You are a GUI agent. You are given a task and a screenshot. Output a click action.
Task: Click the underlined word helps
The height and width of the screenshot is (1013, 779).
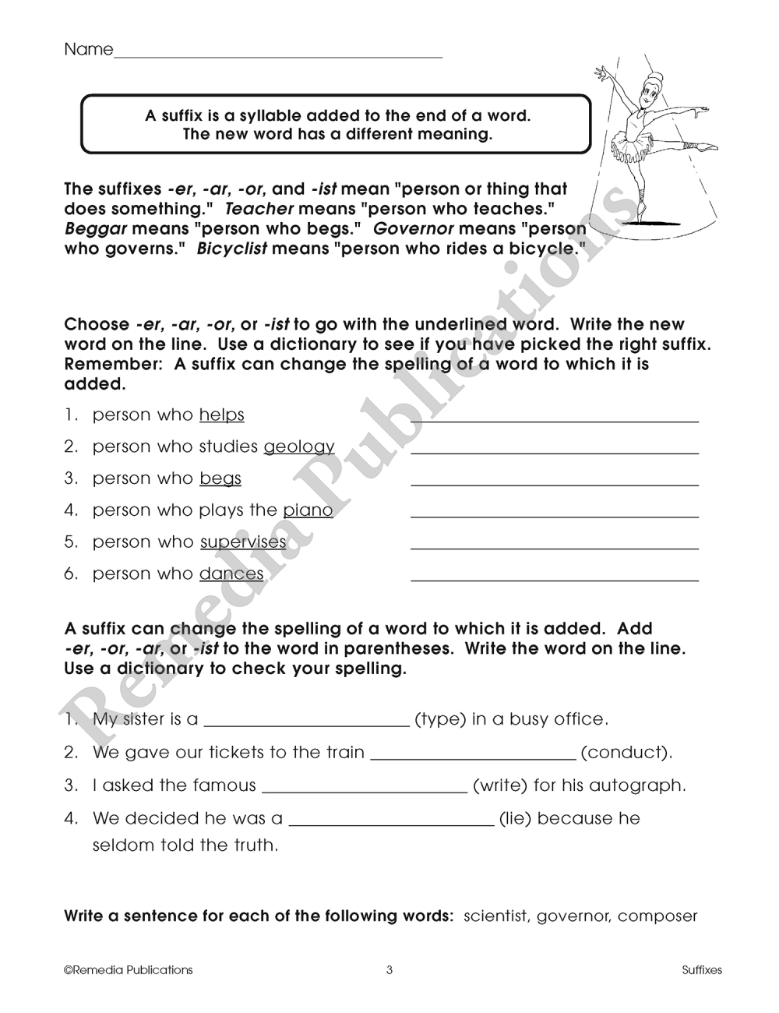[x=222, y=415]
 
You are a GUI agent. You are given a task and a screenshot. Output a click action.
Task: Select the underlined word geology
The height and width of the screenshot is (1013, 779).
[x=299, y=447]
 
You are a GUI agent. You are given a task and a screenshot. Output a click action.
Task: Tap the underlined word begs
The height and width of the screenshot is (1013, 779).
[x=220, y=479]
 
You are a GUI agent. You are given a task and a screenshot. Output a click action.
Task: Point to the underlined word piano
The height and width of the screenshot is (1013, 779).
[x=308, y=510]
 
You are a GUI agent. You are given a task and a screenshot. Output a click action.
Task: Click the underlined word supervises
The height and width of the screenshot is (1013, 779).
[x=243, y=542]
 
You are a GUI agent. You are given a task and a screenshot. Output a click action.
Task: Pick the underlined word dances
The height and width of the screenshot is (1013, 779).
[x=231, y=574]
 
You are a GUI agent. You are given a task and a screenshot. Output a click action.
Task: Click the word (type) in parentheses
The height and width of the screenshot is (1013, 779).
[x=440, y=719]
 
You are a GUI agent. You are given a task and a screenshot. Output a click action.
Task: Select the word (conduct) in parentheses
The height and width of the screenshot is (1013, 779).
[x=626, y=753]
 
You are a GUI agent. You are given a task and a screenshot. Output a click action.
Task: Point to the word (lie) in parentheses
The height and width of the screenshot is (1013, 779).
[x=515, y=819]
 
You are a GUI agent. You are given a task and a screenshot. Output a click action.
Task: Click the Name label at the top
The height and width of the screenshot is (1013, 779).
[x=88, y=50]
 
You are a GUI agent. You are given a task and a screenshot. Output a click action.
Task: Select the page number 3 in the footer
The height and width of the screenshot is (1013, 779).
[x=389, y=970]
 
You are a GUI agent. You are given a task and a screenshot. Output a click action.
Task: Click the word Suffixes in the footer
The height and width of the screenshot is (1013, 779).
[x=702, y=970]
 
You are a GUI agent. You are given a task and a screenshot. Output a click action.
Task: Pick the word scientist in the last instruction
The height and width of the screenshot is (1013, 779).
[x=495, y=916]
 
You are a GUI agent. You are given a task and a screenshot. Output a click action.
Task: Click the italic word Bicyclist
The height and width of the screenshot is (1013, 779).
[x=232, y=249]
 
